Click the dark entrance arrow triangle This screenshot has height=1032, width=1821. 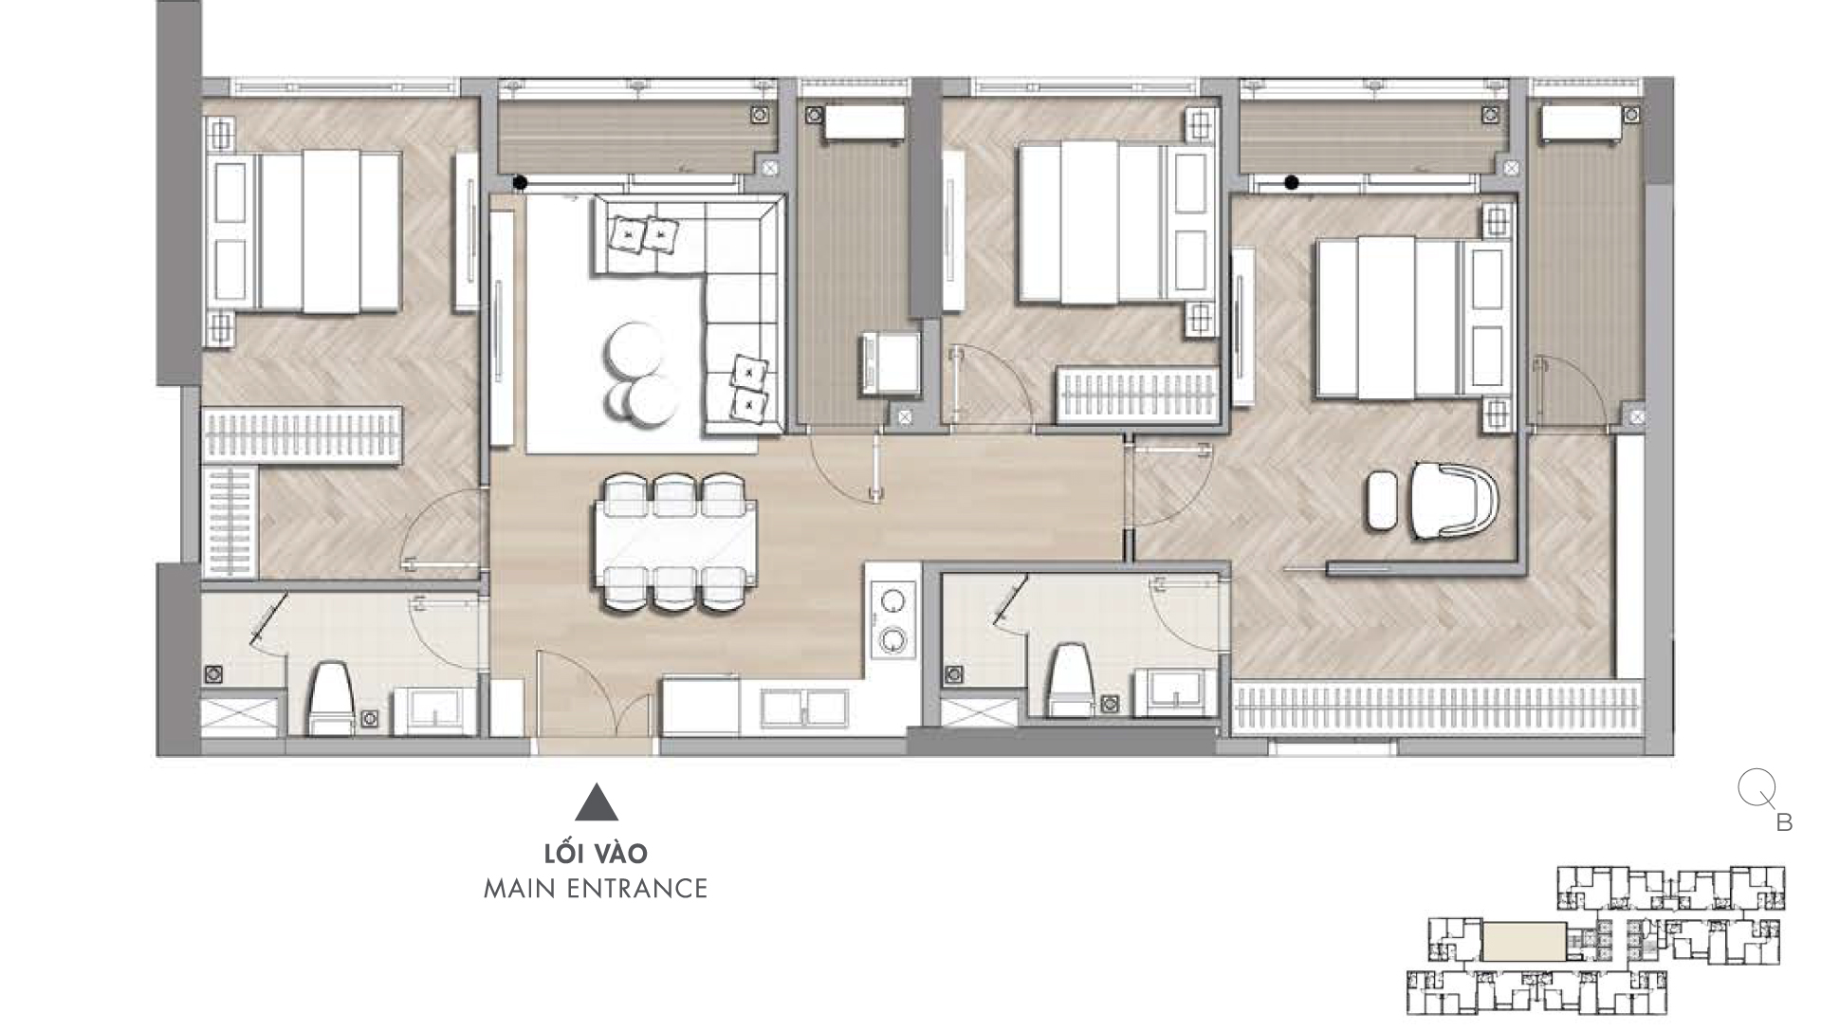pyautogui.click(x=596, y=802)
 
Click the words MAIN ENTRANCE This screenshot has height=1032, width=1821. pyautogui.click(x=596, y=889)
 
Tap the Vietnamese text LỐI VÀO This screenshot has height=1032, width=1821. pyautogui.click(x=596, y=853)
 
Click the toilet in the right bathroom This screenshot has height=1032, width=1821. pyautogui.click(x=1070, y=681)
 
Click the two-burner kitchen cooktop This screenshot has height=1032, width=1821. pyautogui.click(x=892, y=620)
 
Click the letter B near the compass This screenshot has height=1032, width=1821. pyautogui.click(x=1784, y=822)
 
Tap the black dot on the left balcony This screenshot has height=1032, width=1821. pyautogui.click(x=520, y=183)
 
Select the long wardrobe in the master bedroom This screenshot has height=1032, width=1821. pyautogui.click(x=1437, y=708)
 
